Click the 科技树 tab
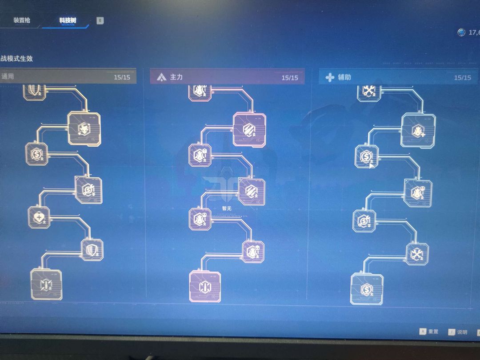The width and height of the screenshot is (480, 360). pos(67,20)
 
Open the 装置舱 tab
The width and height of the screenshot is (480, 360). pos(22,20)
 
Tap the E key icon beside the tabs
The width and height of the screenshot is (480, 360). pos(100,20)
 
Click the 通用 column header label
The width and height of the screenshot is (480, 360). pos(8,76)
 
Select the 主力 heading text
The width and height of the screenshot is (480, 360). pos(176,77)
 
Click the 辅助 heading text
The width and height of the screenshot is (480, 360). pos(344,77)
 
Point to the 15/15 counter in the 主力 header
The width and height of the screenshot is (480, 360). pos(290,78)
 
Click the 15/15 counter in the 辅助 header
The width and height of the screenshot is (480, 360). pos(462,78)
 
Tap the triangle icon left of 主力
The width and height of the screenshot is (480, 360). pos(161,78)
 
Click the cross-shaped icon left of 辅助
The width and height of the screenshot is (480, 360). pos(330,78)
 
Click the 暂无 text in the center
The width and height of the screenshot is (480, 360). pos(227,208)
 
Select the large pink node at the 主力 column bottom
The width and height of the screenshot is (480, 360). pos(205,286)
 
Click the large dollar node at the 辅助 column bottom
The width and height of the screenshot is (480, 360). pos(367,289)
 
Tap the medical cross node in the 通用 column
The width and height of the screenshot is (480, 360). pos(39,217)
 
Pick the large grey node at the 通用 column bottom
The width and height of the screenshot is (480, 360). pos(46,284)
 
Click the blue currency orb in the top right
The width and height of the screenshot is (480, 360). pos(461,32)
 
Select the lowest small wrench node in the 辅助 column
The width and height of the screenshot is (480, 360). pos(417,254)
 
